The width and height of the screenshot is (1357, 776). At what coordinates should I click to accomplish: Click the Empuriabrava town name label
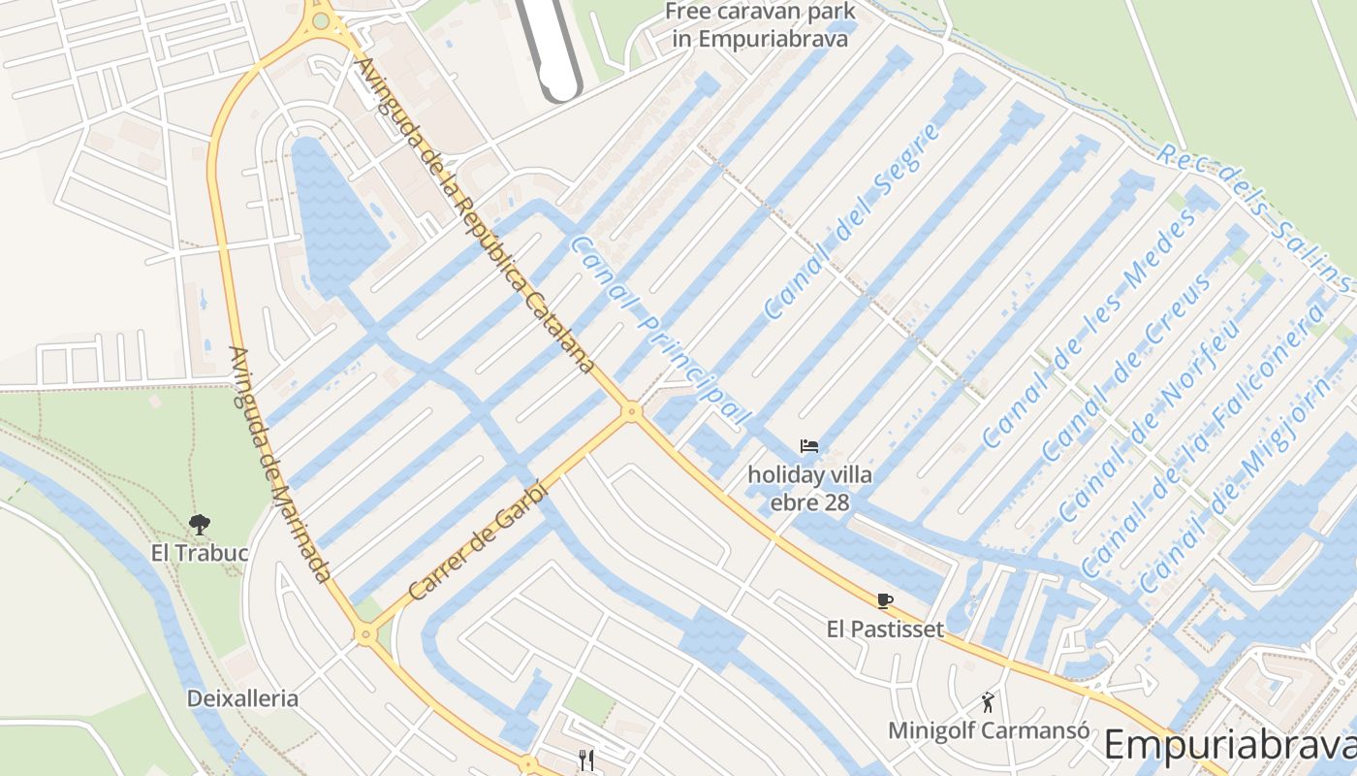[x=1229, y=745]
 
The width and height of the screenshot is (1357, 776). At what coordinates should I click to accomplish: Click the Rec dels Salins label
[x=1255, y=219]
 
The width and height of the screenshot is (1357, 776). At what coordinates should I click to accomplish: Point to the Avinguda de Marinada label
[x=281, y=465]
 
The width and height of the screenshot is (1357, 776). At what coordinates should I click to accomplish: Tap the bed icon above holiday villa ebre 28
[x=809, y=446]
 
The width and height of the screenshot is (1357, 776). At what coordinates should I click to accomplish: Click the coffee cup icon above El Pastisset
[x=884, y=600]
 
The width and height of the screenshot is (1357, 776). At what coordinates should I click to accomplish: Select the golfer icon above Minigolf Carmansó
[x=988, y=701]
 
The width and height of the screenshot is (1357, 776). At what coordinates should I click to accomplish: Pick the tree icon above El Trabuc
[x=200, y=525]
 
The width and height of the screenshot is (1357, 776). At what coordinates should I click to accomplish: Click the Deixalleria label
[x=242, y=698]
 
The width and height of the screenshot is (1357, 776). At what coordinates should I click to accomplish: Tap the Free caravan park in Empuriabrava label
[x=760, y=25]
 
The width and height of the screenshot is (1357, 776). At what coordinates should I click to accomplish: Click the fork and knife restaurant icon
[x=585, y=760]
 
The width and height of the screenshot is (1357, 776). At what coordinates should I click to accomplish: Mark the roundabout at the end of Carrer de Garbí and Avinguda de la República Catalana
[x=632, y=411]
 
